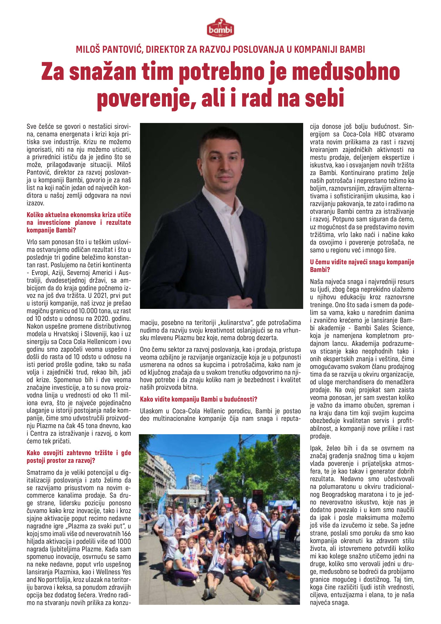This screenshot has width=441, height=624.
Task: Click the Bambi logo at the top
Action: click(220, 29)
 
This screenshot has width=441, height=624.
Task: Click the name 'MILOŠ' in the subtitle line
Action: click(87, 50)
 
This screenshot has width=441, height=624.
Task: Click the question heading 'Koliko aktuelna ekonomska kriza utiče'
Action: click(79, 215)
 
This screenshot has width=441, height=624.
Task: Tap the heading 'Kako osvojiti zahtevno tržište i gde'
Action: click(79, 453)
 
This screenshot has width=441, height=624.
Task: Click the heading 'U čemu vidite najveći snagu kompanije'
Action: click(362, 262)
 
